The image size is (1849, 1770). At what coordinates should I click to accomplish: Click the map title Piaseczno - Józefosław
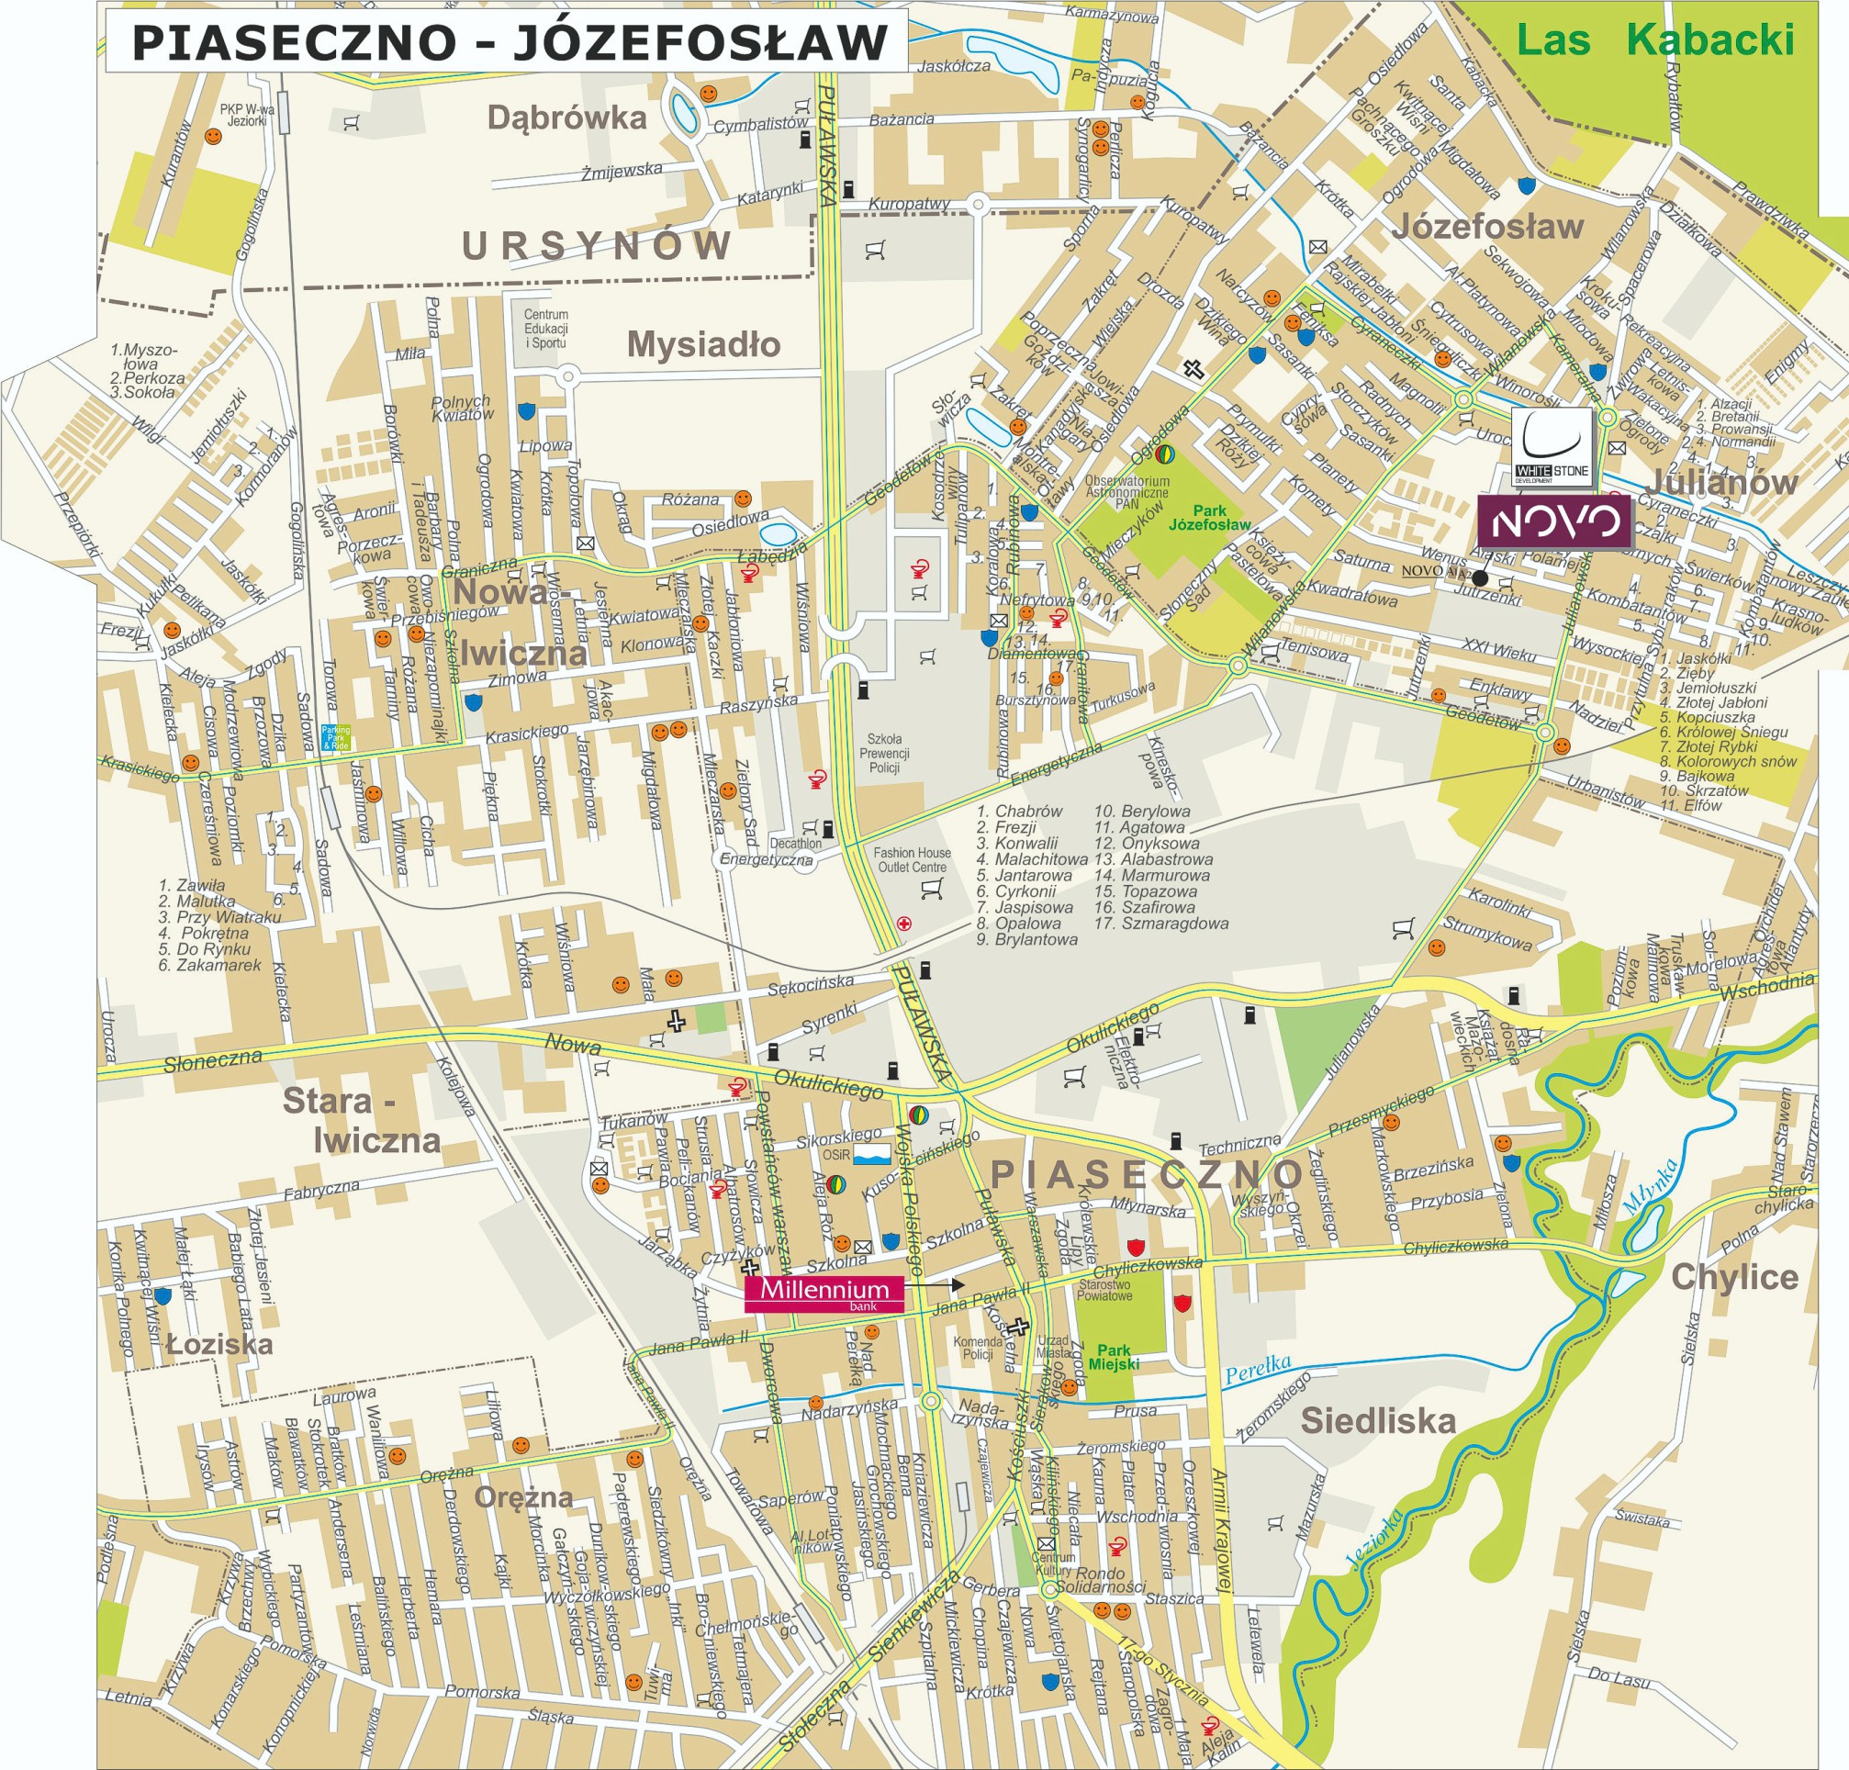click(510, 41)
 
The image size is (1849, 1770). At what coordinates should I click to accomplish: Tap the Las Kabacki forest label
click(1654, 39)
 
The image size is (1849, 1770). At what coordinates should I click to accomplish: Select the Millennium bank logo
click(824, 1294)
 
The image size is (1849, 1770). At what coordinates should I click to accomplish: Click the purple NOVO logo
click(1553, 521)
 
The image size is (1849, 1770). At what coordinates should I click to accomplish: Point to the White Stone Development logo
click(1552, 447)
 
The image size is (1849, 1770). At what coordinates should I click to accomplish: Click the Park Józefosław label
click(1209, 518)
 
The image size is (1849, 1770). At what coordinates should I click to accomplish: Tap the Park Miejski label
click(1114, 1357)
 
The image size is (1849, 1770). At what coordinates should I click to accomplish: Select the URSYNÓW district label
click(596, 246)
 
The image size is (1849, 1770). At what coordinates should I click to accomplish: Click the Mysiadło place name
click(704, 344)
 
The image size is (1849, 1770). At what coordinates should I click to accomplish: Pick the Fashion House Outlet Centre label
click(912, 859)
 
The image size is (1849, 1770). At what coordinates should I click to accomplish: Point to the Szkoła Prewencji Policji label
click(884, 753)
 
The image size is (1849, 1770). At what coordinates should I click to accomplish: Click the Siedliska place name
click(1377, 1420)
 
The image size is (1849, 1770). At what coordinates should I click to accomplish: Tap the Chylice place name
click(1734, 1277)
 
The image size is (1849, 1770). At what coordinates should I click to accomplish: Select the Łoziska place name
click(219, 1343)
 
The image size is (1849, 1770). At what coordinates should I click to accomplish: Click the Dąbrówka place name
click(566, 117)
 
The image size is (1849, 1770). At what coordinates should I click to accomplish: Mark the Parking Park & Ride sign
click(335, 738)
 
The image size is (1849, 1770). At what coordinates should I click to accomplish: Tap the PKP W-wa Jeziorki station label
click(247, 115)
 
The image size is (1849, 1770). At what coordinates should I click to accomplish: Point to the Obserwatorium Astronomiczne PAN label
click(1126, 491)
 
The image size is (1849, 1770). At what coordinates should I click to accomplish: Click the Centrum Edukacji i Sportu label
click(546, 329)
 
